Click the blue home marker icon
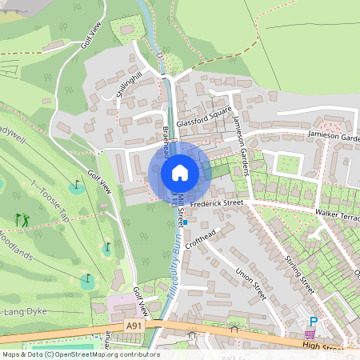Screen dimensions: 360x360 [179, 172]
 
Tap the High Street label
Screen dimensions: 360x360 [324, 346]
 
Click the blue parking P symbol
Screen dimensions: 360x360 [314, 322]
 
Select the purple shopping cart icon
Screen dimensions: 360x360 [309, 334]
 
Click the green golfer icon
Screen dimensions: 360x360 [21, 218]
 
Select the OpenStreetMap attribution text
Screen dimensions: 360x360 [80, 354]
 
